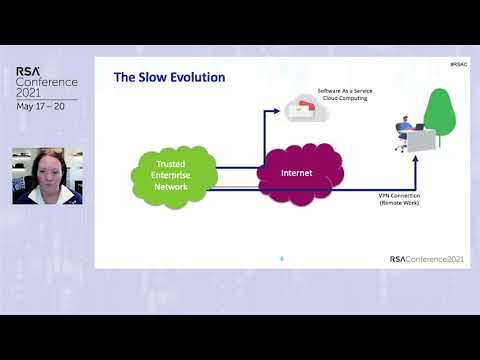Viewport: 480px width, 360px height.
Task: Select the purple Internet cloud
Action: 296,174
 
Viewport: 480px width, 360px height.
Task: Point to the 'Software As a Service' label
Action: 346,91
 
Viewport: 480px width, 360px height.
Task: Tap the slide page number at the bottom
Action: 281,258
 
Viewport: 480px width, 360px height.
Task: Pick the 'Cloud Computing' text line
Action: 346,99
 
